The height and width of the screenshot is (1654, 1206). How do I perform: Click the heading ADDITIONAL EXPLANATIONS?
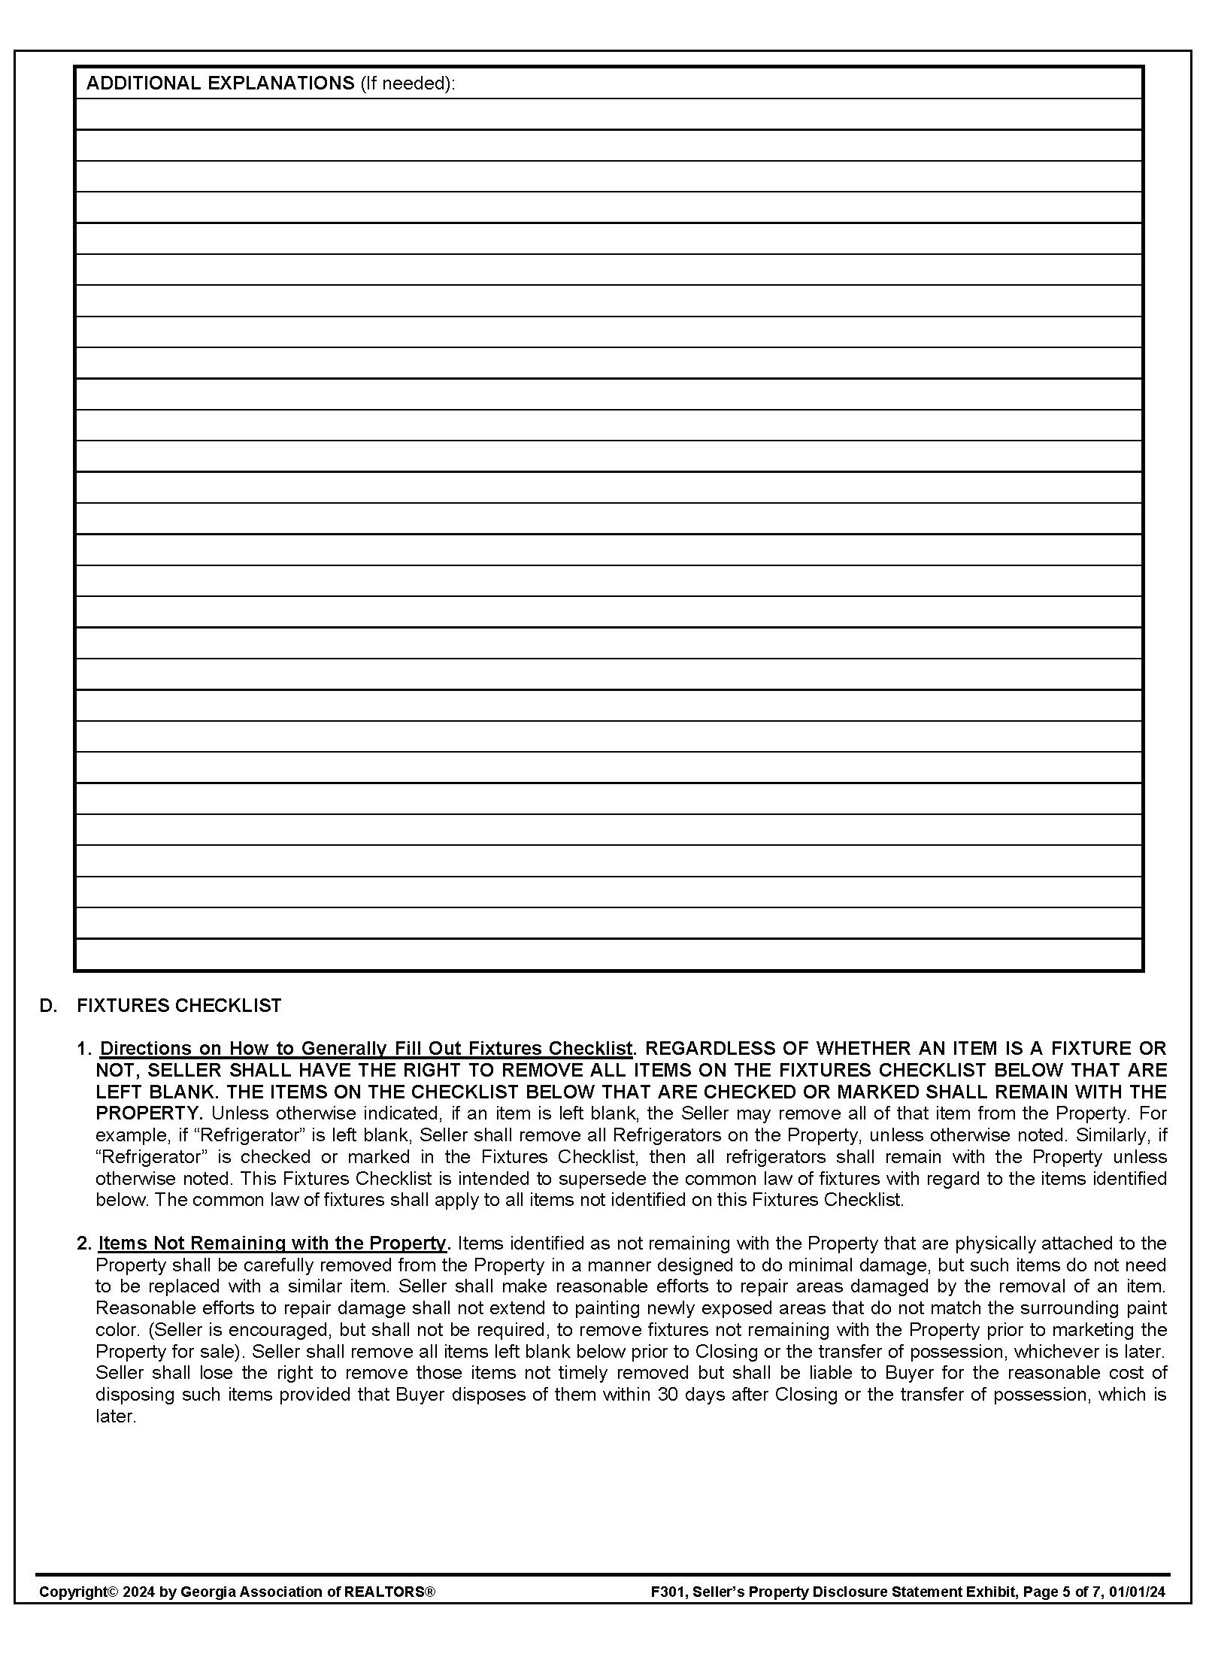pyautogui.click(x=220, y=83)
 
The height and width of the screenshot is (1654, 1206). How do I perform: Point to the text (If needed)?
pyautogui.click(x=408, y=83)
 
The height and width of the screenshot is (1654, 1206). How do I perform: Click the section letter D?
pyautogui.click(x=48, y=1006)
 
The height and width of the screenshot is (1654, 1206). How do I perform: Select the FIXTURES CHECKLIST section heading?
pyautogui.click(x=179, y=1006)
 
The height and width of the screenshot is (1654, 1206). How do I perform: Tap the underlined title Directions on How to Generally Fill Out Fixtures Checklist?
pyautogui.click(x=366, y=1048)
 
